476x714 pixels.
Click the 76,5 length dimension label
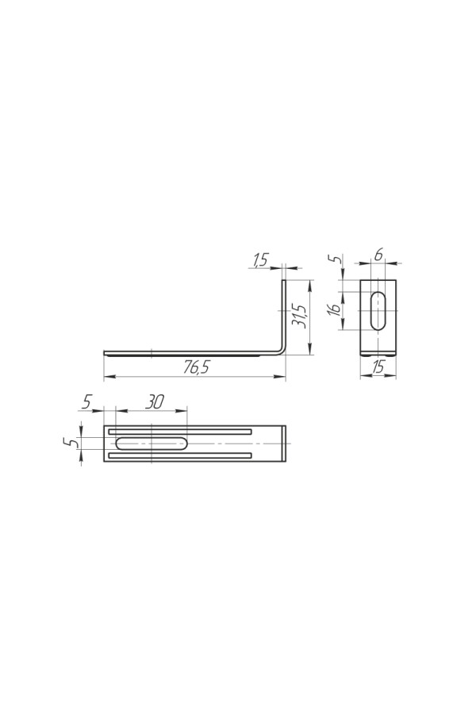pos(196,367)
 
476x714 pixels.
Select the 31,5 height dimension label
pos(299,316)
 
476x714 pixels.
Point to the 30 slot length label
pos(155,401)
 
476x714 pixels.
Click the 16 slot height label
pos(335,309)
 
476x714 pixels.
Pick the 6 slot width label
pos(378,255)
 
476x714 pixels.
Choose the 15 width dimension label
pos(378,366)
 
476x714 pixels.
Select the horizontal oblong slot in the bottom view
pos(152,443)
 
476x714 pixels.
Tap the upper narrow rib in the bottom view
pos(180,432)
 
